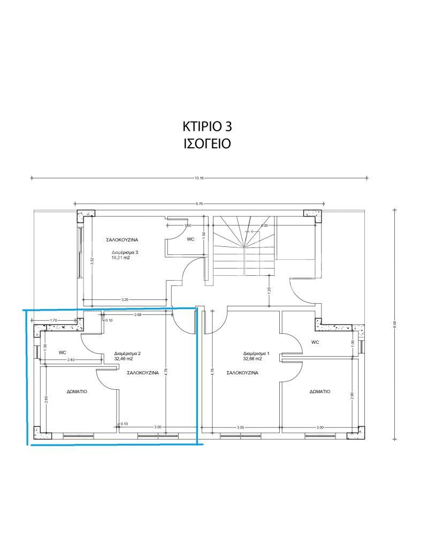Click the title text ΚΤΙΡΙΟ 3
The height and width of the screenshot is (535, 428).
point(207,126)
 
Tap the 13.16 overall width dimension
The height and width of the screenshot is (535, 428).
point(200,178)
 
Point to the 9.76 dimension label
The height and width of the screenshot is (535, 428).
point(200,204)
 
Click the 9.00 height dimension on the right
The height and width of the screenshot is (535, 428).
point(394,323)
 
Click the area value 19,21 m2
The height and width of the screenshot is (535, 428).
point(121,258)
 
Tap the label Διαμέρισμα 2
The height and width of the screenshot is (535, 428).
point(128,353)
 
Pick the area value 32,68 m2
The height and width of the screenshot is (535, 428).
point(254,359)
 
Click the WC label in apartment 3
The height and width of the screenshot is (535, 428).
point(190,239)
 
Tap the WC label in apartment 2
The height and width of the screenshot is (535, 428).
point(63,352)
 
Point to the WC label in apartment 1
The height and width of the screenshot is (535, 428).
point(315,342)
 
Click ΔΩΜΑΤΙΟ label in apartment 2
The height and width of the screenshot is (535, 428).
point(77,391)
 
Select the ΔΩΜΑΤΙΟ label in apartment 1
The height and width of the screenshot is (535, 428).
point(319,391)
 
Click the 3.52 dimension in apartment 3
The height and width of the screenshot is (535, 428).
point(92,260)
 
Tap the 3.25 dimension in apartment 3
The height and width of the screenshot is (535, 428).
point(125,299)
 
